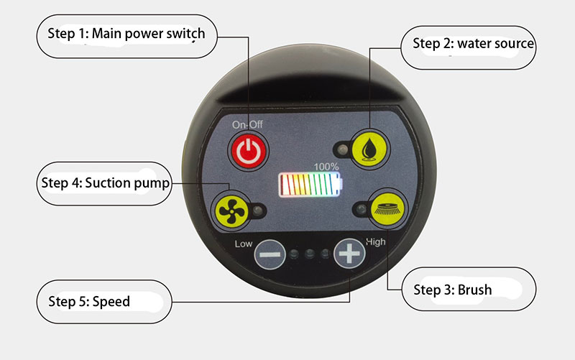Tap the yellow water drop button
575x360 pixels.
tap(369, 149)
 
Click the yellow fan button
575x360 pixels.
tap(231, 211)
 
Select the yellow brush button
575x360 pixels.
tap(387, 208)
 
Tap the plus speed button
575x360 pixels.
tap(349, 254)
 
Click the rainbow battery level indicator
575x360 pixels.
tap(311, 185)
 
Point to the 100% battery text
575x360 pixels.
tap(326, 167)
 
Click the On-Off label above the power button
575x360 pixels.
tap(247, 124)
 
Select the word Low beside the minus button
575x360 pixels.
tap(244, 244)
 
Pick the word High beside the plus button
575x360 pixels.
tap(375, 242)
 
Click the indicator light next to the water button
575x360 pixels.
tap(343, 149)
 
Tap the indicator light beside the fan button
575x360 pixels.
tap(258, 211)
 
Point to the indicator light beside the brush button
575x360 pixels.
tap(362, 209)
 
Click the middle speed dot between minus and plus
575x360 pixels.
tap(310, 254)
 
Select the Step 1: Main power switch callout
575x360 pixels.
tap(127, 37)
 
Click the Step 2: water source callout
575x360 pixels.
tap(469, 47)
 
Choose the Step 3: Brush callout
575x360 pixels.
tap(469, 290)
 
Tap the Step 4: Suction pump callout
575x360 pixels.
tap(104, 184)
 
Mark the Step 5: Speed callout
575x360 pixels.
tap(104, 302)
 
